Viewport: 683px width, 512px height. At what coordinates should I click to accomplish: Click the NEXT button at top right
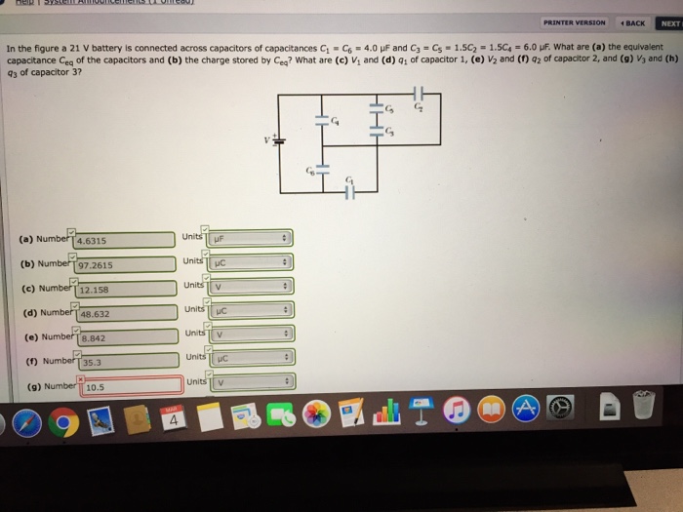670,22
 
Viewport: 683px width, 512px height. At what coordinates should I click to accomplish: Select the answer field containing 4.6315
124,240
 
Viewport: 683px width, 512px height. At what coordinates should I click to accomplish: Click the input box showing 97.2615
124,264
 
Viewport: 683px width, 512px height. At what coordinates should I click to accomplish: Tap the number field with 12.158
124,290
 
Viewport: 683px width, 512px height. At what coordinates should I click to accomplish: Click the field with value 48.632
124,314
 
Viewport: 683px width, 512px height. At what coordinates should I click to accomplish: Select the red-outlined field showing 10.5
124,386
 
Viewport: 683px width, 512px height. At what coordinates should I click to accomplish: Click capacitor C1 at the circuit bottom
349,190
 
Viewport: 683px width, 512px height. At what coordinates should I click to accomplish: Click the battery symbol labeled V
278,139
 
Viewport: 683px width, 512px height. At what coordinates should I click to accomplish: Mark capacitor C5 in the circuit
376,106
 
